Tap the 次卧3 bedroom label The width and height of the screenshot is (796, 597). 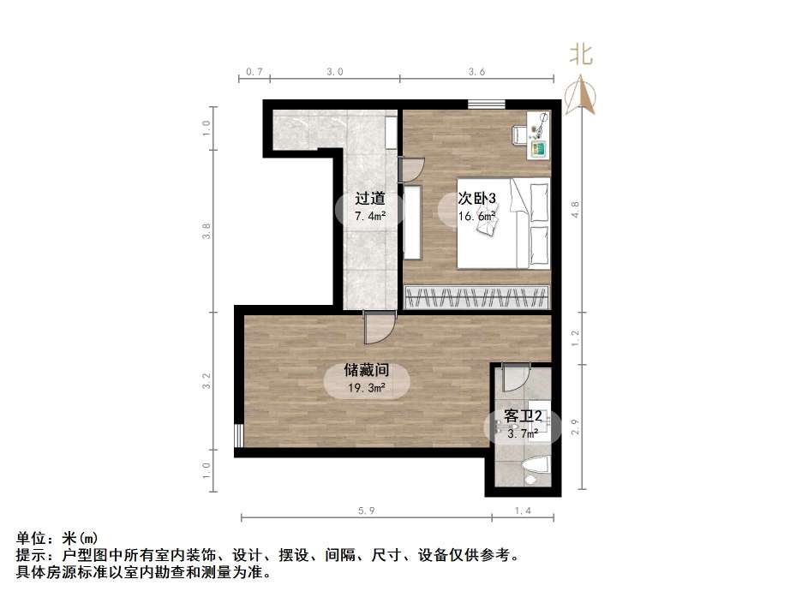pos(477,199)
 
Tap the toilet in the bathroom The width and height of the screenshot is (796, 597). pos(536,469)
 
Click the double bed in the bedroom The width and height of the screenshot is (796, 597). pos(504,223)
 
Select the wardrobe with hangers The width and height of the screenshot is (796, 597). pos(476,297)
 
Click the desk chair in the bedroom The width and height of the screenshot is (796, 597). pos(518,134)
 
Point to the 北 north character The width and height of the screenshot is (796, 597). pos(582,56)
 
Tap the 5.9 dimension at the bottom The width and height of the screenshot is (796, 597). pos(366,510)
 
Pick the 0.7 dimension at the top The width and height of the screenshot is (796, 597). pos(254,72)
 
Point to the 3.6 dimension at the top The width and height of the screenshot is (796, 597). pos(477,72)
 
